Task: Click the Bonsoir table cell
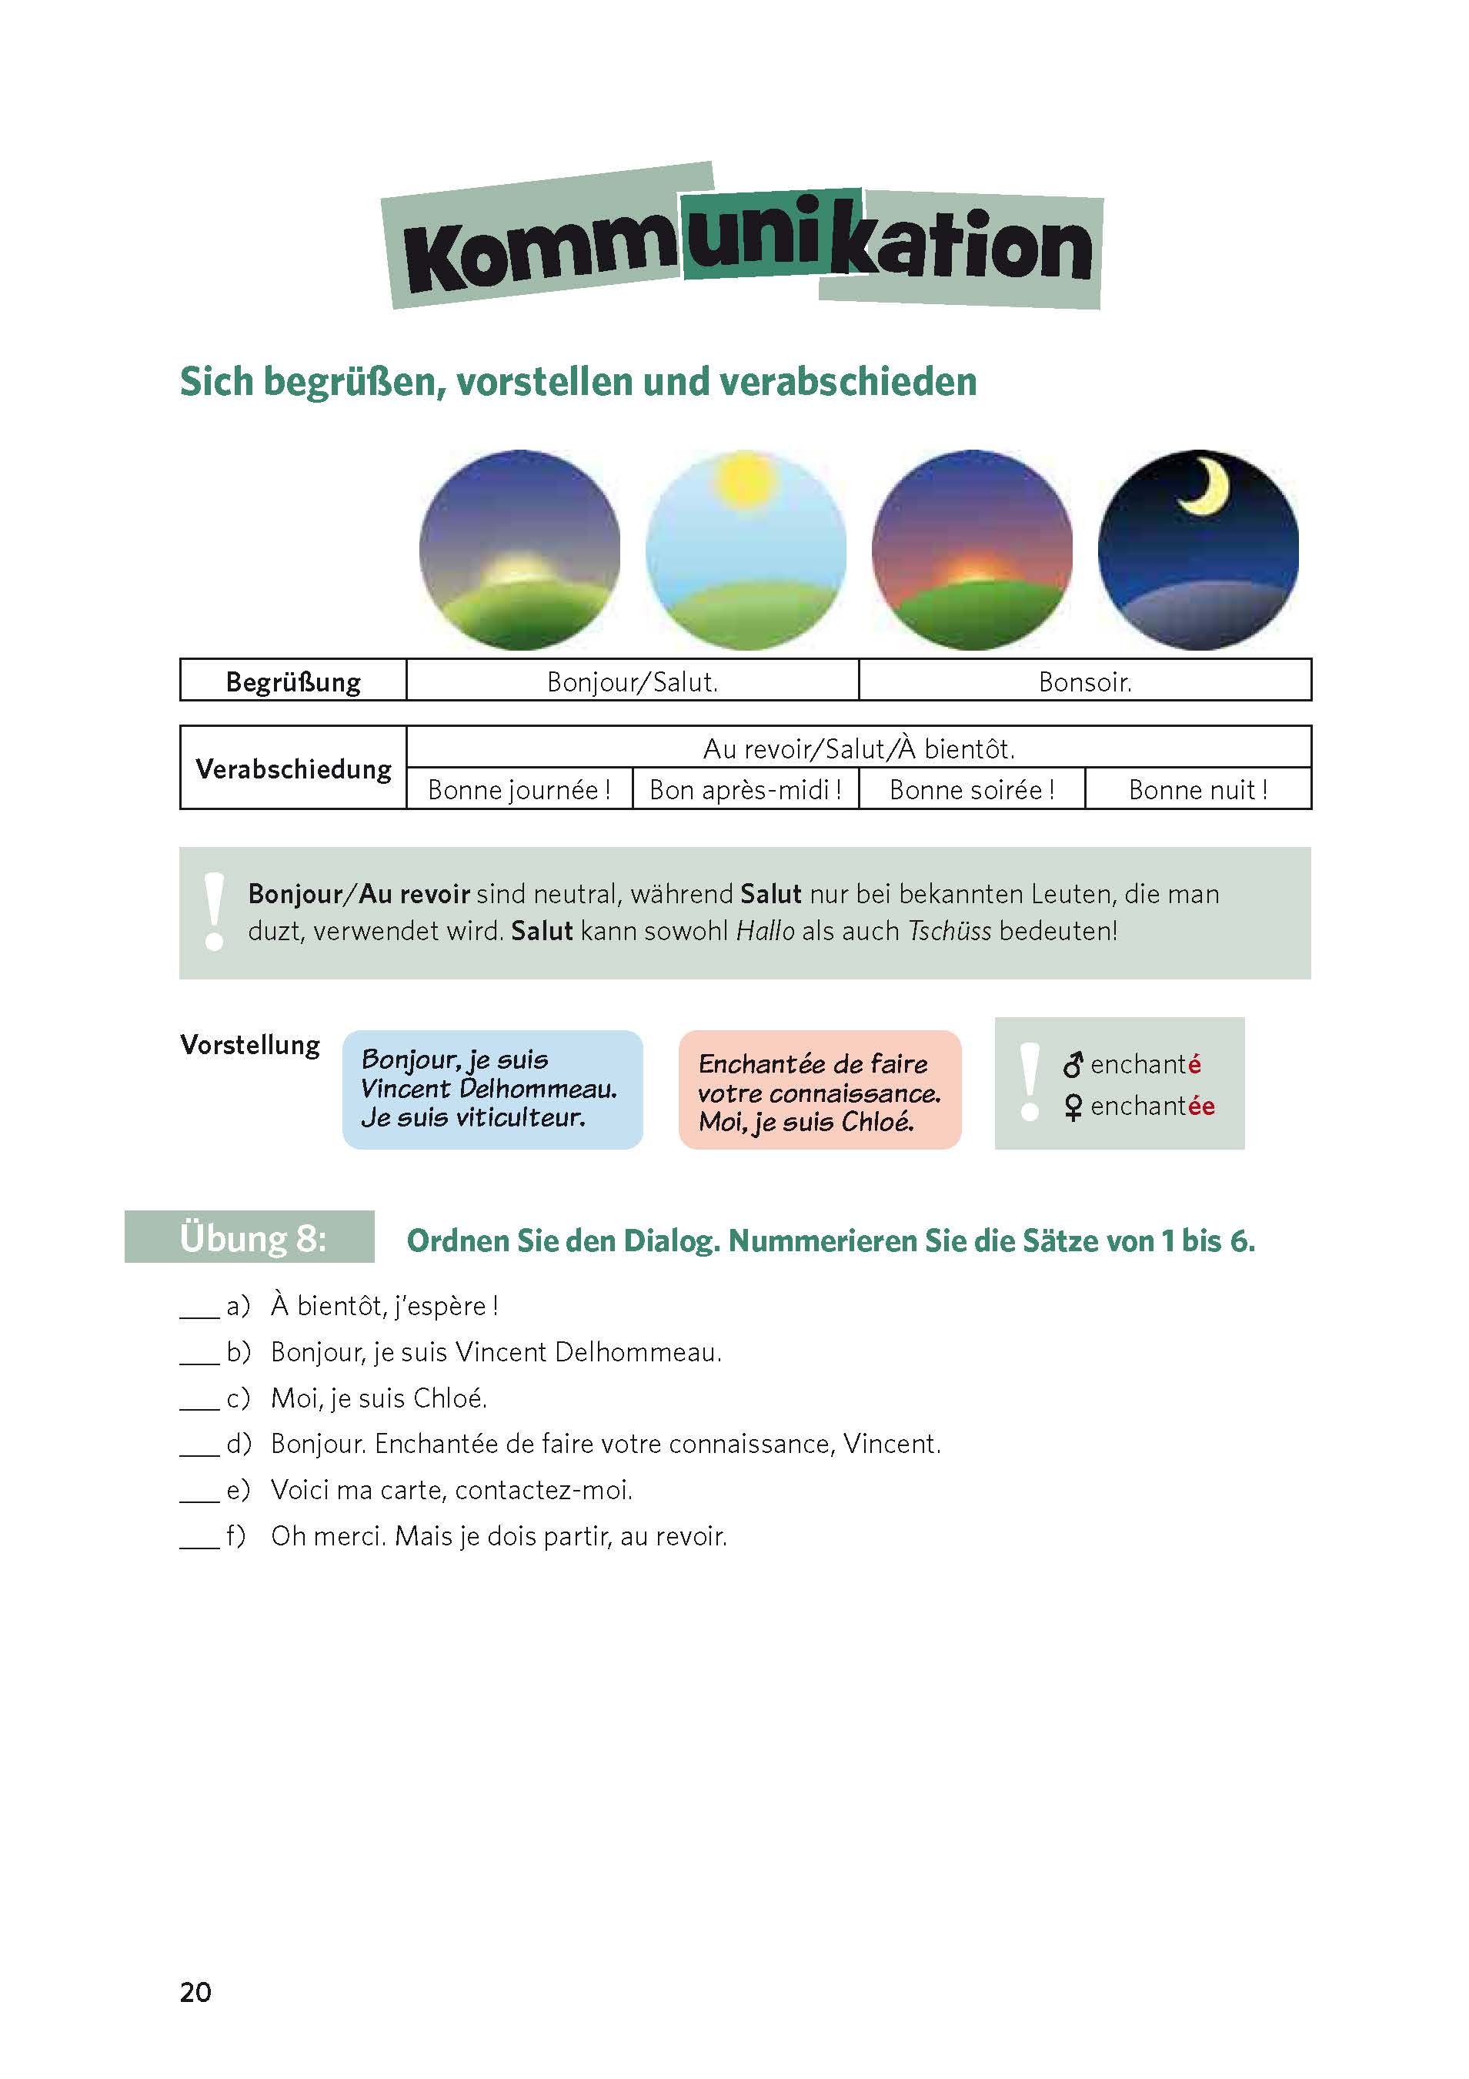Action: pos(1084,681)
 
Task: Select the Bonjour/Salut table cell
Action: pos(632,681)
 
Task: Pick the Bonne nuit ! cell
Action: pos(1197,789)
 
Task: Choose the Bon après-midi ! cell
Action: pos(745,789)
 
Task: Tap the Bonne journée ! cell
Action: pos(519,789)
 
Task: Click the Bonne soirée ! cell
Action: pos(971,789)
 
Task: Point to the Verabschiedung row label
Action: pos(293,768)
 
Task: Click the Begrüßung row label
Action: pos(293,681)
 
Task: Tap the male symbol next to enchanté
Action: pos(1073,1065)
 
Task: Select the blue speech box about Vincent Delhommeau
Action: pos(492,1090)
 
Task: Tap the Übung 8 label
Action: pos(251,1237)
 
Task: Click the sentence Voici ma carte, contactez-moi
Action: pos(452,1489)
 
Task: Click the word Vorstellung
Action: pos(250,1045)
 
